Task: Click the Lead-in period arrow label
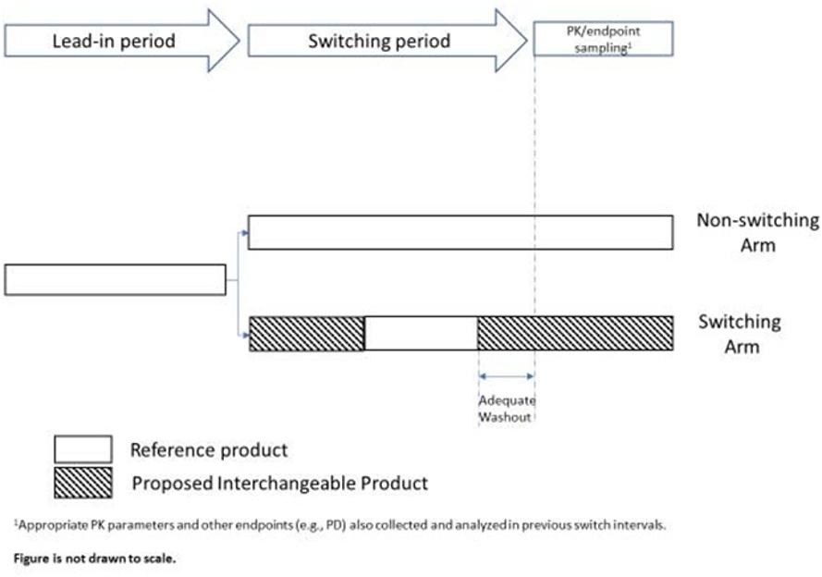[114, 41]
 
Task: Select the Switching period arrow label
[379, 41]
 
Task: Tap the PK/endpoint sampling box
[603, 39]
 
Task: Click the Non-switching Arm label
[757, 232]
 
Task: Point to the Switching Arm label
[740, 333]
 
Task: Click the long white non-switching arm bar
[460, 232]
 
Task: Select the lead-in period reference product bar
[116, 280]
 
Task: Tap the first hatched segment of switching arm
[307, 333]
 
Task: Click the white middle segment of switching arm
[421, 333]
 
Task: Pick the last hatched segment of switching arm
[575, 333]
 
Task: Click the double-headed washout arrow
[507, 375]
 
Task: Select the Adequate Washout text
[507, 409]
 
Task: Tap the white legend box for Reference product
[83, 449]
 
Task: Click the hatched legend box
[83, 483]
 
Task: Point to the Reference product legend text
[209, 450]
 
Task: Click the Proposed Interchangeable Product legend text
[280, 484]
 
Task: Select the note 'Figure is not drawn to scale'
[95, 559]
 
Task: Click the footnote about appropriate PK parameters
[339, 524]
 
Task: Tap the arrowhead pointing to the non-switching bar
[245, 232]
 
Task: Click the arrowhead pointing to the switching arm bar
[245, 335]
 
